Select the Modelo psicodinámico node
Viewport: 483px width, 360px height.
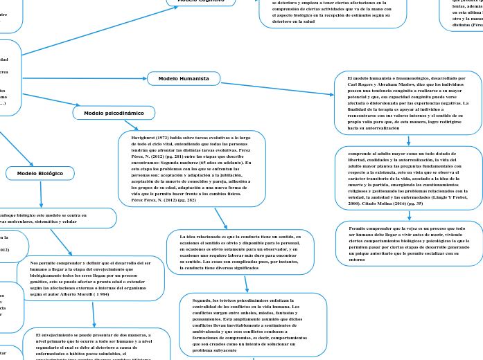point(114,112)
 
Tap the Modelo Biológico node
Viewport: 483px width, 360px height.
point(39,173)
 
